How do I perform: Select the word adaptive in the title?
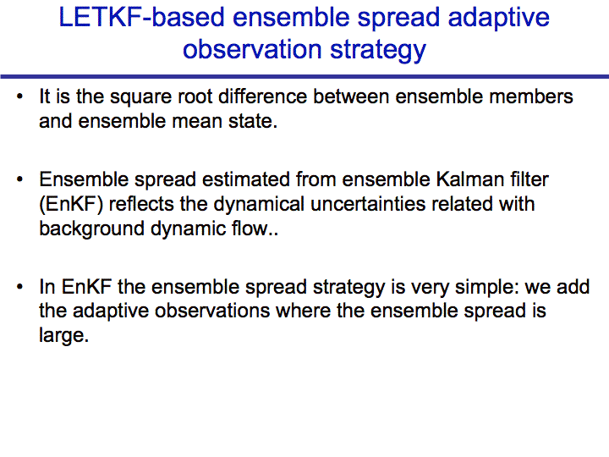point(499,19)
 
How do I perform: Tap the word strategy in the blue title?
point(378,51)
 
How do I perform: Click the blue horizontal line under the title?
point(304,76)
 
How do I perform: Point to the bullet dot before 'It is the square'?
point(19,96)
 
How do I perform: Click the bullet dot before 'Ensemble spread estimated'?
point(19,179)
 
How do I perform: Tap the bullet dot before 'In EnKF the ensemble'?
point(19,287)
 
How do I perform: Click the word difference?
point(262,96)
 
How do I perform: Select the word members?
point(531,96)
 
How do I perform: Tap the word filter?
point(529,179)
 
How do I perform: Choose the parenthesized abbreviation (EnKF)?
point(71,205)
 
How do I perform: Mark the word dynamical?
point(259,205)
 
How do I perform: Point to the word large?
point(64,336)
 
